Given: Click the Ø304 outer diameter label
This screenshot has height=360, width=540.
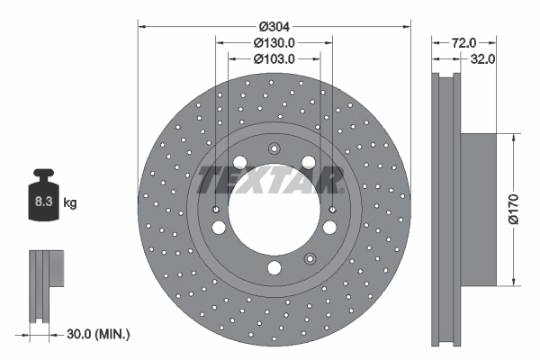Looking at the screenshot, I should tap(274, 26).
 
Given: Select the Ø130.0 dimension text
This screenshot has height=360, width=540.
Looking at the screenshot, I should tap(274, 42).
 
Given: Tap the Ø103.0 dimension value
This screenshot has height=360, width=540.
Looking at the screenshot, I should tap(274, 58).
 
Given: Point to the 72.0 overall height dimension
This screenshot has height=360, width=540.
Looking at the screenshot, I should tap(463, 42).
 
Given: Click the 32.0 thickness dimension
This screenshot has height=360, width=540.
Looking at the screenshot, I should tap(484, 59).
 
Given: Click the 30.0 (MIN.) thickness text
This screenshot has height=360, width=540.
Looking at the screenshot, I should tap(98, 334).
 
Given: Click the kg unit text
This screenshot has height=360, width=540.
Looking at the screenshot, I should tap(70, 204).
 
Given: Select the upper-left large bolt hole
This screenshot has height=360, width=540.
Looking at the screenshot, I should tap(239, 162).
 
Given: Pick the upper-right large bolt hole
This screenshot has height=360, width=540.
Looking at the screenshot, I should tap(308, 162).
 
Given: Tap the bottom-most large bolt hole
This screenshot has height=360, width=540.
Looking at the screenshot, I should tap(274, 267).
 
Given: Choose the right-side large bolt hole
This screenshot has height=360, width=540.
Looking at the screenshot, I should tap(330, 226).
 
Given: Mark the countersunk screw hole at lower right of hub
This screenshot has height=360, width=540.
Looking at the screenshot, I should tap(310, 259).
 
